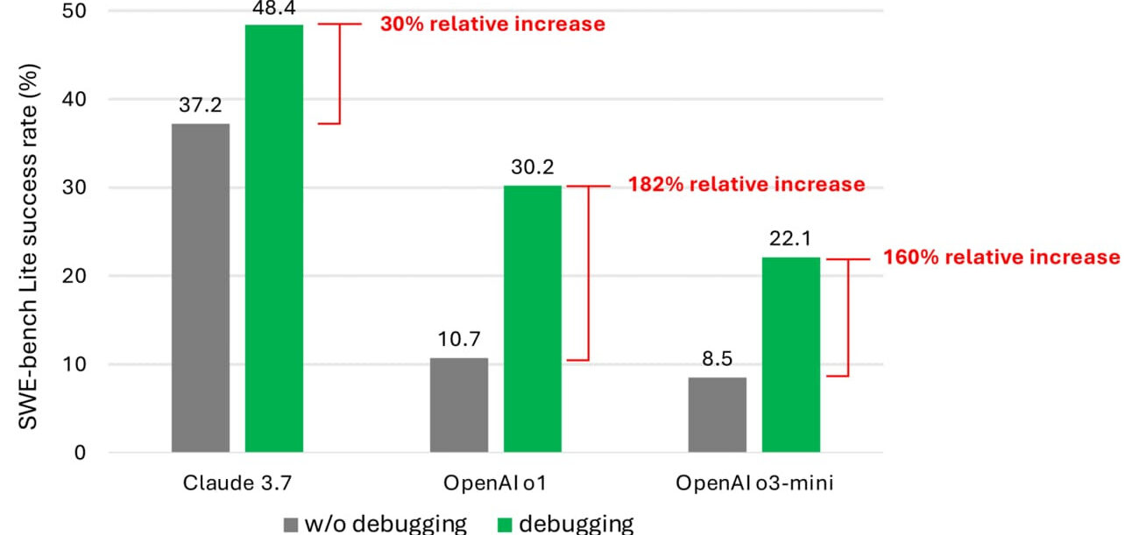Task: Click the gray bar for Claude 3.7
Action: click(x=201, y=288)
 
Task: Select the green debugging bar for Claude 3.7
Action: click(x=274, y=238)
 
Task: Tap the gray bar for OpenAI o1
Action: click(x=459, y=405)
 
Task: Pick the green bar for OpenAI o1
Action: click(x=533, y=319)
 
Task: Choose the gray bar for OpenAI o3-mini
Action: click(x=717, y=415)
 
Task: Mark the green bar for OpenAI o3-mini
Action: click(x=791, y=355)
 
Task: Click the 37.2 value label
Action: click(x=201, y=105)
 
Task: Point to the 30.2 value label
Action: click(x=533, y=166)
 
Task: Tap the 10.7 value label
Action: click(x=459, y=339)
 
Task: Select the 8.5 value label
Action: click(x=717, y=359)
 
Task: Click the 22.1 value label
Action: click(x=790, y=238)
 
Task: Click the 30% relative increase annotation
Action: click(x=492, y=25)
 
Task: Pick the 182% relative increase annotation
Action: click(x=746, y=185)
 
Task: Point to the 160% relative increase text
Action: click(x=1001, y=257)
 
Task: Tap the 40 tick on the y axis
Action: click(x=74, y=99)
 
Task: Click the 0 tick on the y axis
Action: click(x=81, y=453)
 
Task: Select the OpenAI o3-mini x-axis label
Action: click(x=754, y=483)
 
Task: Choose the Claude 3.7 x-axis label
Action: click(x=237, y=483)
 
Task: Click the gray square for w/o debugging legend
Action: click(x=291, y=524)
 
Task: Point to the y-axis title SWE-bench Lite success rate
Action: click(x=28, y=247)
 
